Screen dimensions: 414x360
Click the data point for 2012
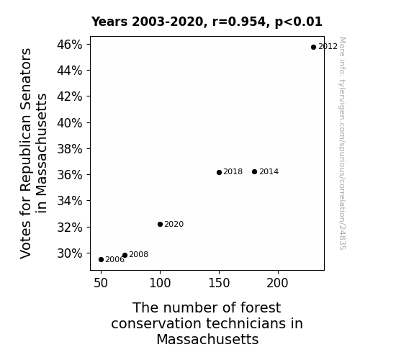pyautogui.click(x=313, y=48)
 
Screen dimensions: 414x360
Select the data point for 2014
pyautogui.click(x=255, y=172)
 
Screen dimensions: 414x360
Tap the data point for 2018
pyautogui.click(x=219, y=173)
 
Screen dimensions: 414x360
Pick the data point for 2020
pyautogui.click(x=160, y=224)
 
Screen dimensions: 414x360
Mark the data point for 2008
pyautogui.click(x=125, y=255)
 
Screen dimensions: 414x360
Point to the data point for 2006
pyautogui.click(x=101, y=260)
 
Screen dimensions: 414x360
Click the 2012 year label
pyautogui.click(x=328, y=47)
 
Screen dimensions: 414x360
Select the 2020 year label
pyautogui.click(x=174, y=224)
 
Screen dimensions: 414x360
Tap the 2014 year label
pyautogui.click(x=269, y=171)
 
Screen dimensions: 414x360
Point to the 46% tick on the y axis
pyautogui.click(x=69, y=45)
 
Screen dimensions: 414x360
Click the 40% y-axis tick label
pyautogui.click(x=69, y=123)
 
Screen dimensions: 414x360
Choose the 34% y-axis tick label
pyautogui.click(x=69, y=201)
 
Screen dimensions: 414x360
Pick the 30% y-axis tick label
pyautogui.click(x=69, y=253)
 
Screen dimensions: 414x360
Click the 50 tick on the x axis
pyautogui.click(x=101, y=283)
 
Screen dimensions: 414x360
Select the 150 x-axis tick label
pyautogui.click(x=219, y=283)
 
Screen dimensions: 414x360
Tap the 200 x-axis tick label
pyautogui.click(x=277, y=283)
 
